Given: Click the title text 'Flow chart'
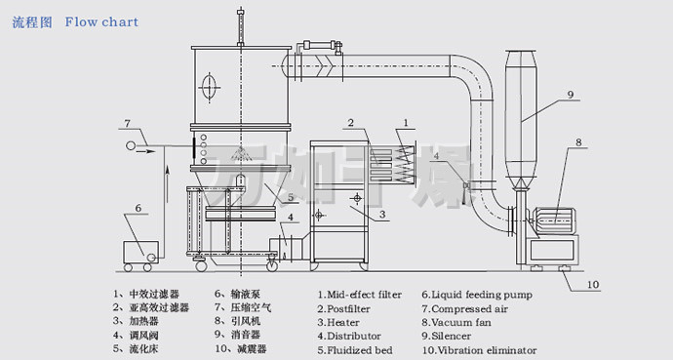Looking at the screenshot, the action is [101, 21].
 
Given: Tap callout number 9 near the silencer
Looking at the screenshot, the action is [570, 95].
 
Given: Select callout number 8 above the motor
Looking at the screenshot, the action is [578, 142].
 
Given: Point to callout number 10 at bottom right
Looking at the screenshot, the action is [592, 284].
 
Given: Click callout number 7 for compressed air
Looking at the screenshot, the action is [127, 124].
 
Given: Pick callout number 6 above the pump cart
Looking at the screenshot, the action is [139, 208].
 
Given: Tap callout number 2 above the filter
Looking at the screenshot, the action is [351, 123].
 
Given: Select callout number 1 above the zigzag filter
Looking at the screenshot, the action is [406, 123].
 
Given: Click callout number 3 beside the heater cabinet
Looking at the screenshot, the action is [382, 214].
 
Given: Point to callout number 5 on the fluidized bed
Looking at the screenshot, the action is [291, 197].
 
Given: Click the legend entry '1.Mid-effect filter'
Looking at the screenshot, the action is [360, 295].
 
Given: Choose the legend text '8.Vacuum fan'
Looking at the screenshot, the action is [456, 322].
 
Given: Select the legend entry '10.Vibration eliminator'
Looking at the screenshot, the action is [479, 350].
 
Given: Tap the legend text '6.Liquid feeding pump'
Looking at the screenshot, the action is [477, 295].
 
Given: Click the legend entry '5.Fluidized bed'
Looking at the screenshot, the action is [355, 350].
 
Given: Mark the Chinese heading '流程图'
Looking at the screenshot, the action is [32, 22].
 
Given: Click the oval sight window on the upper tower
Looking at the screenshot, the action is [209, 88].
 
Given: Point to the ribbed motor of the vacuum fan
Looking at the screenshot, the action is [554, 221].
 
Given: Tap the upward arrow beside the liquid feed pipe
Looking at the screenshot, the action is [168, 184].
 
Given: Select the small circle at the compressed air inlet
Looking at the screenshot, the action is [131, 145].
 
